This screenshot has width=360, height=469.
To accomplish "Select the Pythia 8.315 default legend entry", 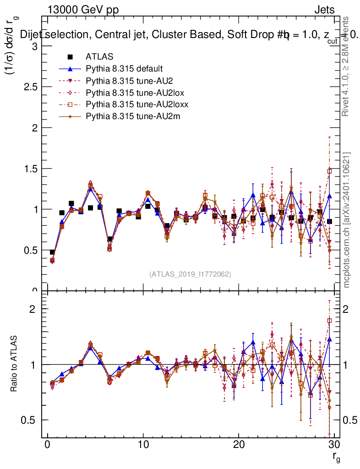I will pos(124,69).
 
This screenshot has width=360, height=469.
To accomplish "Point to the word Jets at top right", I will pos(324,10).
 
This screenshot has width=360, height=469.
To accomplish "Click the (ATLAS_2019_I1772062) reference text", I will pos(190,274).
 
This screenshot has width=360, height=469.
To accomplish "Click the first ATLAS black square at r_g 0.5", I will pos(52,252).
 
